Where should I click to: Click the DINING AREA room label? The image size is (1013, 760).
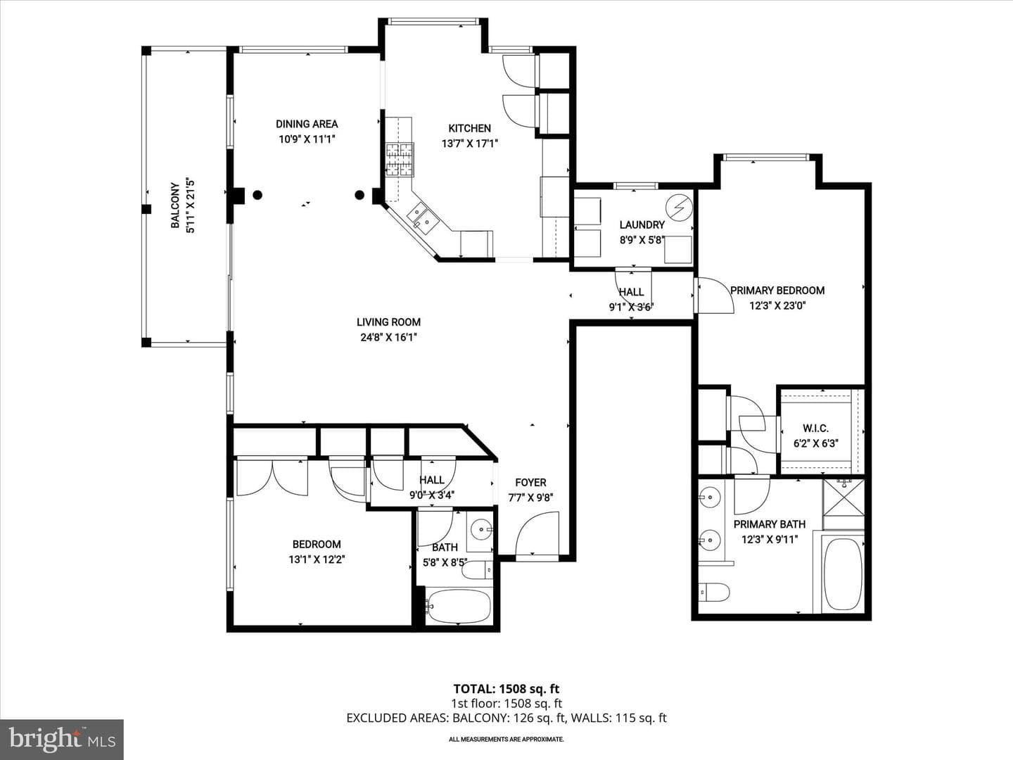307,124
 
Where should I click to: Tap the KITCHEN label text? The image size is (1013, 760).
469,128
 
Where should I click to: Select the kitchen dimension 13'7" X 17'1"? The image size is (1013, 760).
469,144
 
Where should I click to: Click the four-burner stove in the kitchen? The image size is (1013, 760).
400,160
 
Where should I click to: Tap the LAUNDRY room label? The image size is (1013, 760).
642,224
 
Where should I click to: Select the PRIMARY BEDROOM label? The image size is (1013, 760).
777,291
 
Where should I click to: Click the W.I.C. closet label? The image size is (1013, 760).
815,429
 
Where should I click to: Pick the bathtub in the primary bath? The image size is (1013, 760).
843,574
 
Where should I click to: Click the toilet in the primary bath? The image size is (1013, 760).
713,592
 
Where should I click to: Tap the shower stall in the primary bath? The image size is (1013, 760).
843,498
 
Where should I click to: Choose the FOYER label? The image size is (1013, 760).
530,483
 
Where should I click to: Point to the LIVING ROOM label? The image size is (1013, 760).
388,322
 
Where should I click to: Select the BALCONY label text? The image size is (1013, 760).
175,205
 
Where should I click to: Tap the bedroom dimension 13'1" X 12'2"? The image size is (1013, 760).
317,559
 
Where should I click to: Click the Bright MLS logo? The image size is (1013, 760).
62,739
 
